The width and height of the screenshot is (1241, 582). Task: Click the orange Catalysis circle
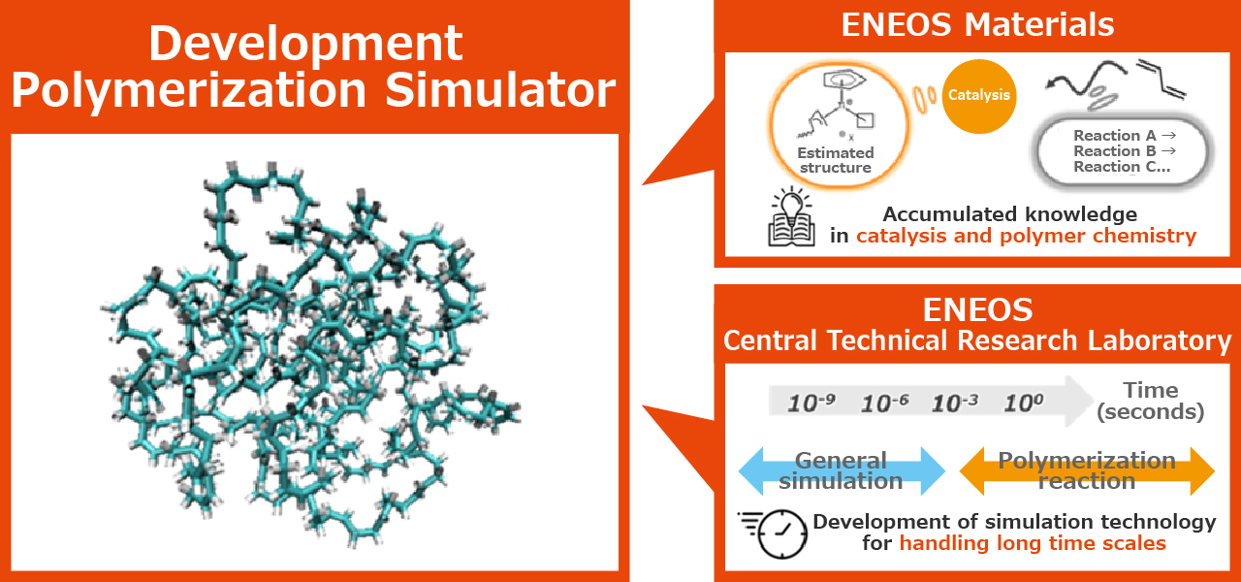979,96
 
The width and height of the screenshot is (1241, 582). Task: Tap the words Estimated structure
836,160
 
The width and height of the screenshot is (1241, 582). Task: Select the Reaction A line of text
1125,135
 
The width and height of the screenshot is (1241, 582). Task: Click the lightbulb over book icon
792,216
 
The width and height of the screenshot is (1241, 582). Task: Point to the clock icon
775,533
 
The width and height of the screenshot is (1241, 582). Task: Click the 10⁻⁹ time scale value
811,403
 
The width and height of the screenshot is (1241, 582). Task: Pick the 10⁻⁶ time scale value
885,403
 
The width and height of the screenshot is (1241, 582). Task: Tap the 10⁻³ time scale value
955,403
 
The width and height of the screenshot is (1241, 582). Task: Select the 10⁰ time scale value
1024,403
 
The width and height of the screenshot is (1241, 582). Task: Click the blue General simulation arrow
842,471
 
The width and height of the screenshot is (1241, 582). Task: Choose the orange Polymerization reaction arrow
1087,471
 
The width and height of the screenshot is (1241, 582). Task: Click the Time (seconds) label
1151,402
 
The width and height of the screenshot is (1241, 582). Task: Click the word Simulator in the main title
500,90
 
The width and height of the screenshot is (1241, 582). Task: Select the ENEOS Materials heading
978,25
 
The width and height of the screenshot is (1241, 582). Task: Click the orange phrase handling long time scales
1033,543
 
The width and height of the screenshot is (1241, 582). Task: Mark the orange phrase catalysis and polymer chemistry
1027,236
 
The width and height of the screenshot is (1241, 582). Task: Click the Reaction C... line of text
1122,166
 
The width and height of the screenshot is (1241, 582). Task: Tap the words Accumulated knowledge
1010,214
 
